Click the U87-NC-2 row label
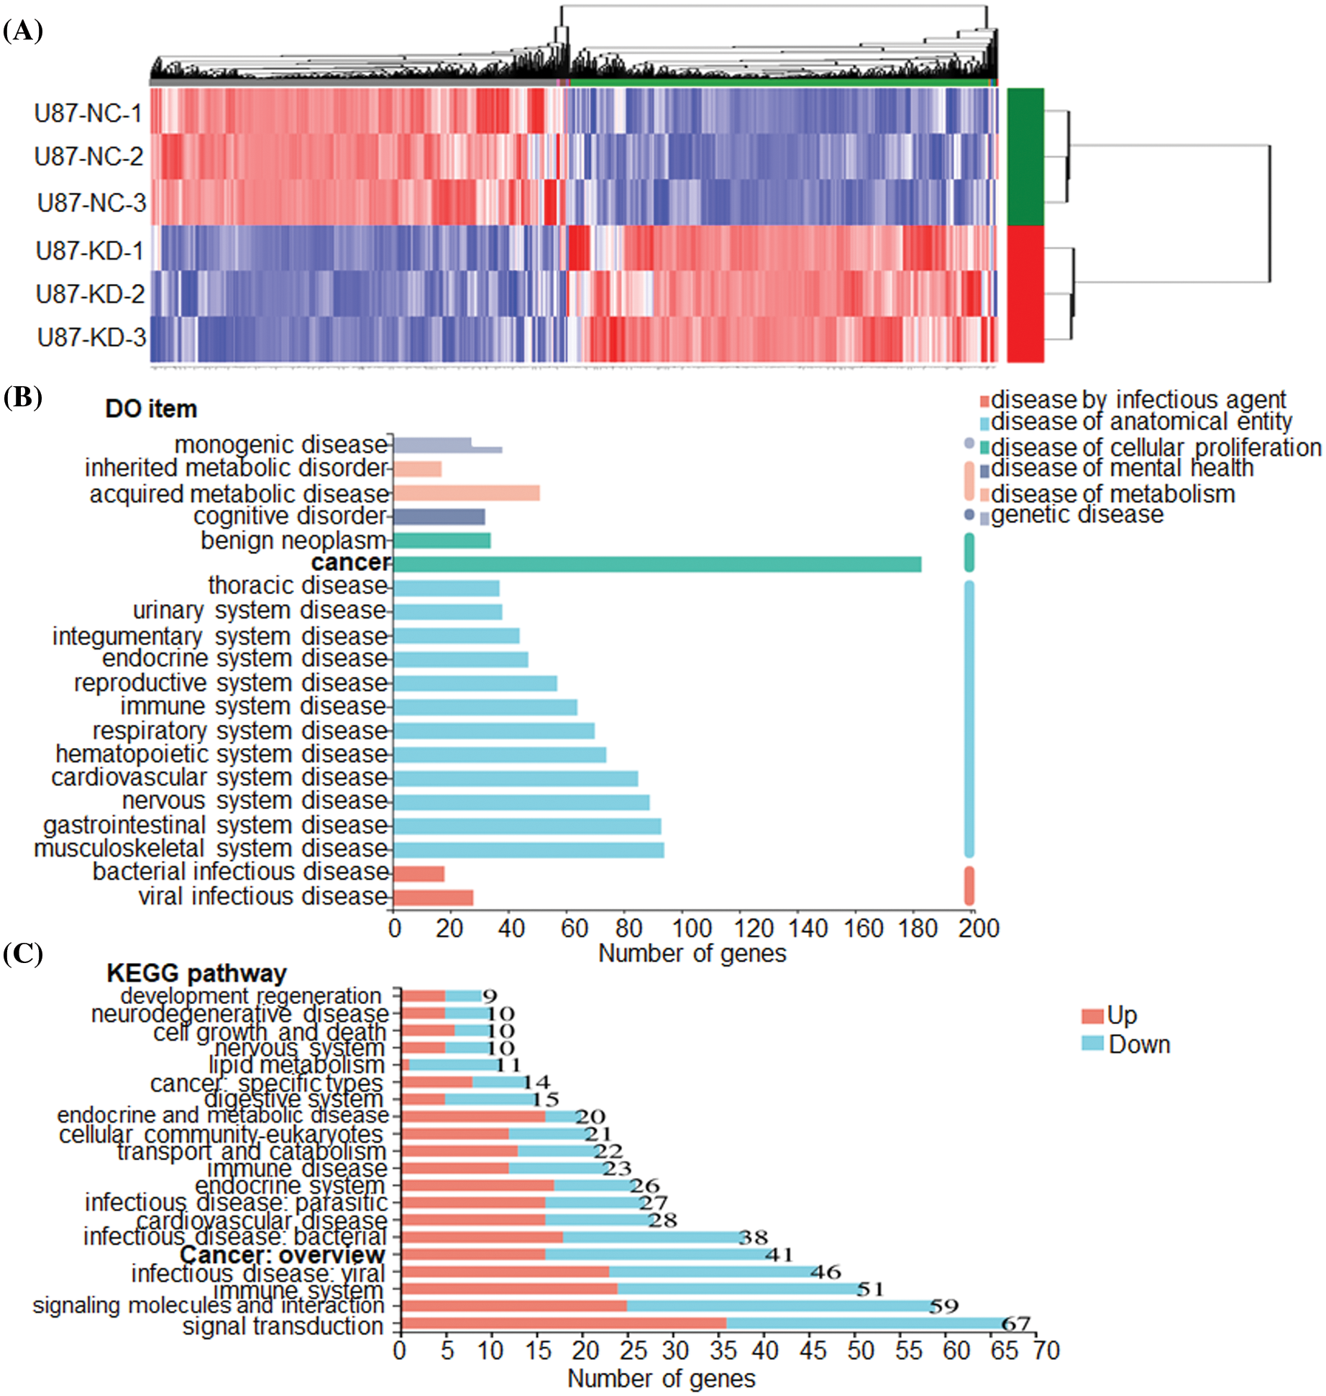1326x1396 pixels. pos(88,157)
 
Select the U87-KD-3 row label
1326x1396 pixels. pos(91,337)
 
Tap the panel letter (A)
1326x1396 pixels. pos(23,31)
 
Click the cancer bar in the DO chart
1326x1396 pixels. pos(657,564)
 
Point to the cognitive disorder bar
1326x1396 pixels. pos(439,516)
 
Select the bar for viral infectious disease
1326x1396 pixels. pos(433,897)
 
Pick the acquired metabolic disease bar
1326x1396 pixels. pos(466,493)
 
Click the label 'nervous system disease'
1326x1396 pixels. pos(255,800)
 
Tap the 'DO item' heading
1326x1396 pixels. pos(151,409)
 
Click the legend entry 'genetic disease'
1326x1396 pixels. pos(1076,515)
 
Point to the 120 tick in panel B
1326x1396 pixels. pos(754,929)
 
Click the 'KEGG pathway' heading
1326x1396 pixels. pos(196,973)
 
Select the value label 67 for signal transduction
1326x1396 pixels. pos(1016,1323)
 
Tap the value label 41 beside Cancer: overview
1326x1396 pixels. pos(779,1255)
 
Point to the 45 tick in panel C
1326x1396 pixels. pos(813,1351)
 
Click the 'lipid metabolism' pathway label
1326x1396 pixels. pos(296,1064)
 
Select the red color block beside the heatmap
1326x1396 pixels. pos(1025,294)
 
